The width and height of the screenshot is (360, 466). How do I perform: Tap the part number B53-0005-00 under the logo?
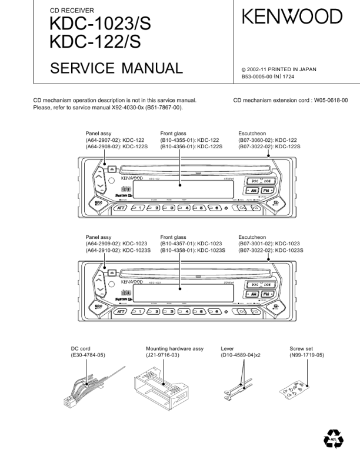(x=262, y=76)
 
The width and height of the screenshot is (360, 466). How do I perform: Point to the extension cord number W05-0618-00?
(x=328, y=101)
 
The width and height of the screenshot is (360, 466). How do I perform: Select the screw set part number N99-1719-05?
(x=306, y=356)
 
